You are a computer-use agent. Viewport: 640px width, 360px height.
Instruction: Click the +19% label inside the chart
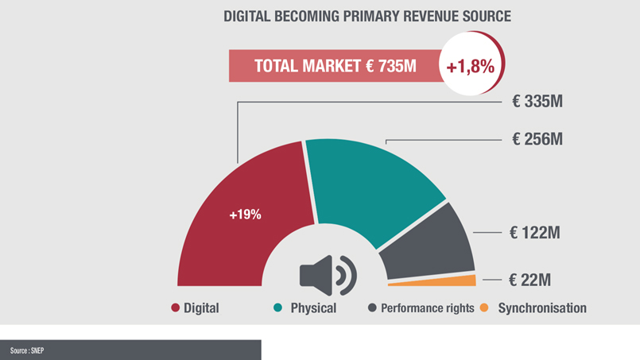[x=245, y=215]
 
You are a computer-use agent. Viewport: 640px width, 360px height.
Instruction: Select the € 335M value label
[x=538, y=103]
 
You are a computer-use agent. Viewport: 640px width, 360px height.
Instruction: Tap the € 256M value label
[x=538, y=139]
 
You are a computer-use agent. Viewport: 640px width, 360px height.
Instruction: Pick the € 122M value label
[x=535, y=233]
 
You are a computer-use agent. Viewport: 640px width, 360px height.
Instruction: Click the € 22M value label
[x=530, y=280]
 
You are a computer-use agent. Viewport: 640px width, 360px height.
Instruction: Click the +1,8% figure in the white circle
[x=471, y=67]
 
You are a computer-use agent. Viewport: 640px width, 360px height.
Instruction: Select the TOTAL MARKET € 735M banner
[x=335, y=67]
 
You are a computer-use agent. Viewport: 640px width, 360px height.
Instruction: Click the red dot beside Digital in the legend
[x=175, y=308]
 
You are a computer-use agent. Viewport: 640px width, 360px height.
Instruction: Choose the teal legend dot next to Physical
[x=279, y=308]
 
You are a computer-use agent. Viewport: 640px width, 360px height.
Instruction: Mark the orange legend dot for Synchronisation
[x=487, y=308]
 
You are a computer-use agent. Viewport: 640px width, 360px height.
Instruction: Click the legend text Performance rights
[x=427, y=308]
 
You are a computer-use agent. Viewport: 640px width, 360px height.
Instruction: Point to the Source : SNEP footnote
[x=27, y=350]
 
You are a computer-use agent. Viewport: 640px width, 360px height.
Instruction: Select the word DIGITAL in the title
[x=250, y=16]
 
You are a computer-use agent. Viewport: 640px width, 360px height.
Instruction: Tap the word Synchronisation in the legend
[x=542, y=308]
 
